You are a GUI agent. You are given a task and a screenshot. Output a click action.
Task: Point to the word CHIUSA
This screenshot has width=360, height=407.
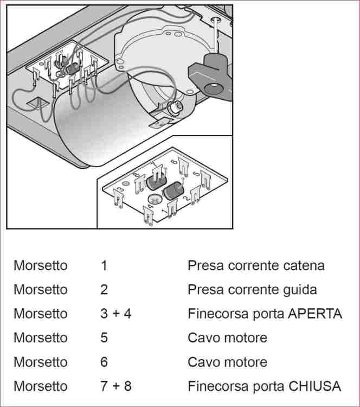tap(314, 386)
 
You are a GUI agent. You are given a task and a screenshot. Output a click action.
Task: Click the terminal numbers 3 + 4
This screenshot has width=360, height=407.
tap(115, 314)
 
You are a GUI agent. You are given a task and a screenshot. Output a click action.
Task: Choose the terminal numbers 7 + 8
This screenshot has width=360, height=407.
tap(115, 386)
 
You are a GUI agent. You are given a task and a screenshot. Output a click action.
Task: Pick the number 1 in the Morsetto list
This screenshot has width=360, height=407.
tap(104, 266)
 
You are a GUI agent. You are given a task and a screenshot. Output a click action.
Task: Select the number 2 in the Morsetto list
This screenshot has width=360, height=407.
tap(104, 290)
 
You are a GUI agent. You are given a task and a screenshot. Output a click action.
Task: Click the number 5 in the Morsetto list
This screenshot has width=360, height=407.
tap(104, 338)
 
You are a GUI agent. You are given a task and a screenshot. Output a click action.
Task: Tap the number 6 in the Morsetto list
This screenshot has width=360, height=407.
tap(104, 362)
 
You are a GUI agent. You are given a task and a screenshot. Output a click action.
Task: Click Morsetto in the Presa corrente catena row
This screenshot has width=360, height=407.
tap(41, 266)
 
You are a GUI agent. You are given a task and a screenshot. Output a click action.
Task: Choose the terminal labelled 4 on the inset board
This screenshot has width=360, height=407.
tap(148, 214)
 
